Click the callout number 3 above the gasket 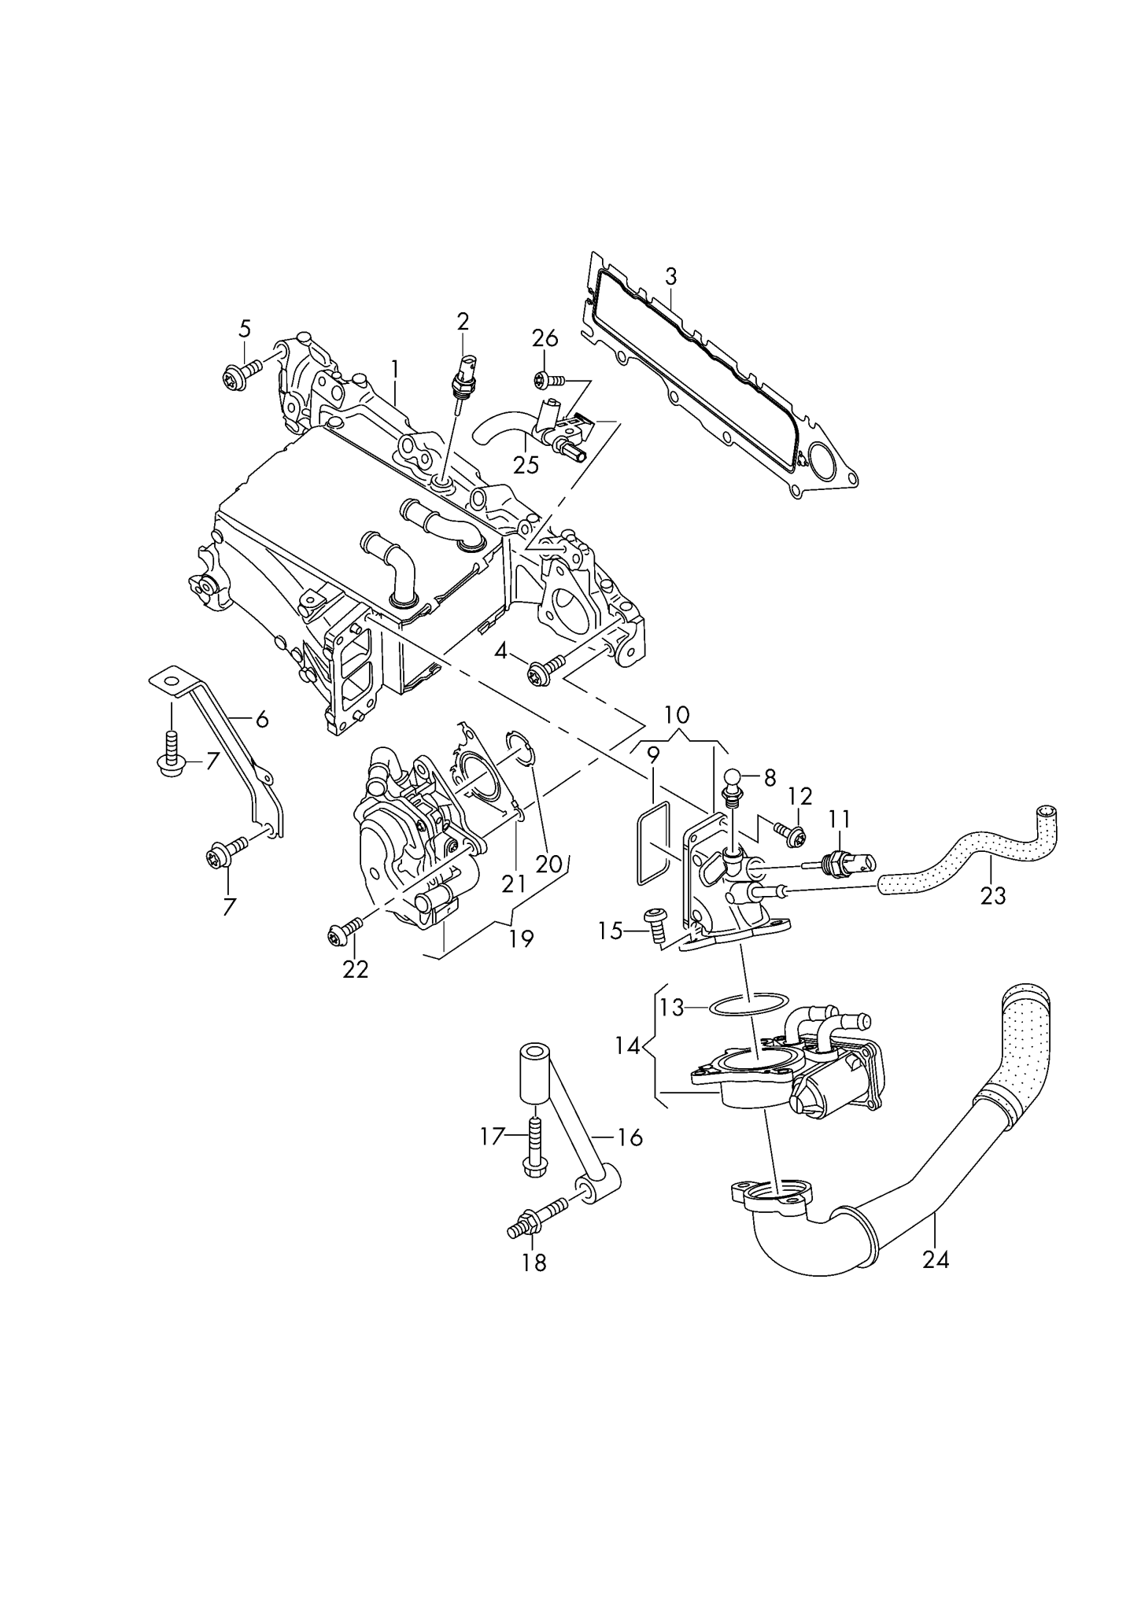(670, 276)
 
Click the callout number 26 (545, 339)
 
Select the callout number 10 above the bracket (677, 715)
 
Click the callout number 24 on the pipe (936, 1259)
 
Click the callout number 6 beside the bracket (261, 718)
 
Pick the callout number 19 (521, 938)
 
